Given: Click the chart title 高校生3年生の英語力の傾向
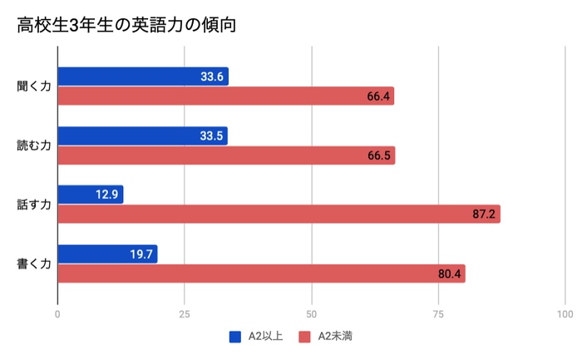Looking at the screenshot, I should [126, 26].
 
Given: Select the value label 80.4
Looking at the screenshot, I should [449, 274].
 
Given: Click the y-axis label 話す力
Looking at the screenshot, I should [34, 205].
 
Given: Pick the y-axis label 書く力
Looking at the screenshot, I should [34, 264].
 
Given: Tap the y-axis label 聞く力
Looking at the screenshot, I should [34, 86].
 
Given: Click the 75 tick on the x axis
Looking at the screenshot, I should [438, 314].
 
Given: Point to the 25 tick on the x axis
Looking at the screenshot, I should [185, 314].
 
